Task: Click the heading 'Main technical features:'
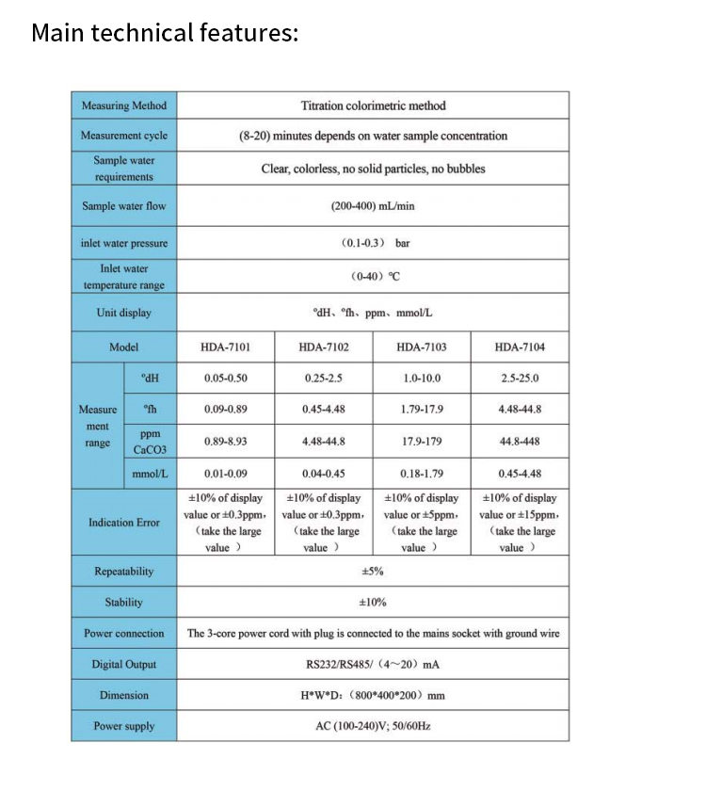(165, 33)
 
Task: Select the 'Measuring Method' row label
(124, 105)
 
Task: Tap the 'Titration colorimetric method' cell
(373, 105)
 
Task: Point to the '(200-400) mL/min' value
(373, 205)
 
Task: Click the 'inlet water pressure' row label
(124, 243)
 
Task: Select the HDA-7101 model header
(226, 347)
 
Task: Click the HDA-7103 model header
(422, 347)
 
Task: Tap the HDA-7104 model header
(520, 347)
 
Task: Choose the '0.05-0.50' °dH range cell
(226, 379)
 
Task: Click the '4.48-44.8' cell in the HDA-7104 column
(520, 410)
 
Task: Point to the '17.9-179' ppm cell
(422, 441)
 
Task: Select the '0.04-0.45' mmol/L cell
(324, 473)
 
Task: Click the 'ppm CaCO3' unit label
(150, 442)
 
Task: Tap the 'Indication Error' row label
(124, 522)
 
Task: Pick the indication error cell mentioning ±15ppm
(520, 523)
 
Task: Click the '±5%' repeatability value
(373, 572)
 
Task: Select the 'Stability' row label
(124, 602)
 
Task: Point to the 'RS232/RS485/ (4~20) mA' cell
(373, 664)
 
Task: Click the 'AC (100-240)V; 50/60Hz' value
(373, 726)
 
